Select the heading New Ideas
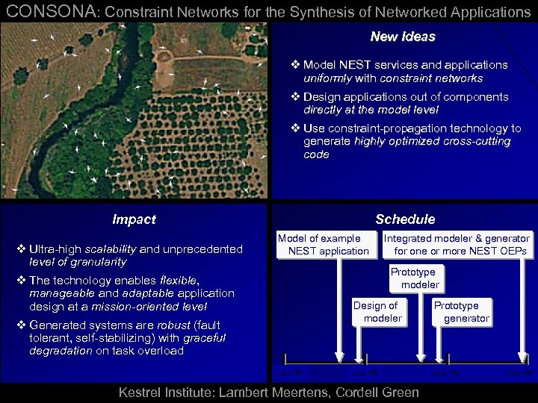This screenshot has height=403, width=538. (x=402, y=37)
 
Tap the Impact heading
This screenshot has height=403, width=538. (x=134, y=219)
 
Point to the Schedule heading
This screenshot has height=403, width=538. (x=405, y=219)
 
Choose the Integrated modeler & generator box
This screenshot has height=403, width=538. (x=456, y=245)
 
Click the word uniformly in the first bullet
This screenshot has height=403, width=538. (x=327, y=78)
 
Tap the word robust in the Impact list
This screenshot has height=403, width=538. (x=172, y=325)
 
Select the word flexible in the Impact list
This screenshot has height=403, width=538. (x=175, y=281)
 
